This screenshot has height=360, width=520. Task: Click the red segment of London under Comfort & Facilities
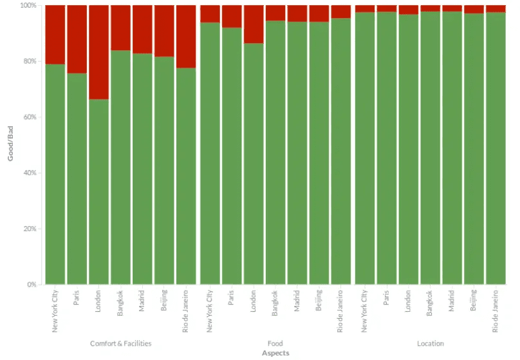click(98, 52)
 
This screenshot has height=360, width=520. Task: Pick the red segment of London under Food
click(253, 24)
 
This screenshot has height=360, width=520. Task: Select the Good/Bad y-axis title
click(11, 145)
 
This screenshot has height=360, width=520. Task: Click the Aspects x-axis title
click(275, 353)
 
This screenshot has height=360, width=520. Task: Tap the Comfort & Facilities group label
click(120, 344)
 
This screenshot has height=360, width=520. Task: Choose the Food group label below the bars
click(275, 344)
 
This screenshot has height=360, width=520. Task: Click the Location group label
click(430, 344)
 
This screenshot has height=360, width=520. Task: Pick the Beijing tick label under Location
click(474, 301)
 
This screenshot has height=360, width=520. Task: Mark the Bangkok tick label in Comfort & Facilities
click(121, 303)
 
